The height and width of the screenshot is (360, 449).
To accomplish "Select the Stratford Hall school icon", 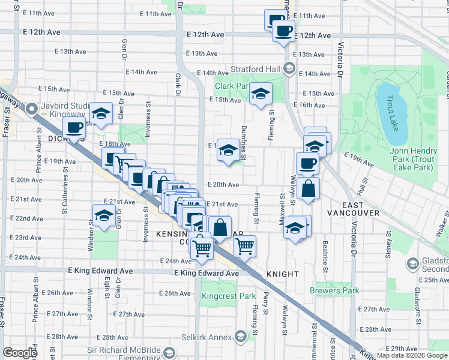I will tap(289, 68).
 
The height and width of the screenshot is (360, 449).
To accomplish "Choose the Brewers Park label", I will tap(334, 290).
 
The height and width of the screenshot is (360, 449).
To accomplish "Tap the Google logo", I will tap(20, 353).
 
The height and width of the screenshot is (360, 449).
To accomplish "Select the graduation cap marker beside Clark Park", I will tap(261, 94).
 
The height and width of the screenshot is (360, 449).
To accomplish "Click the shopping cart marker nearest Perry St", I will tap(244, 246).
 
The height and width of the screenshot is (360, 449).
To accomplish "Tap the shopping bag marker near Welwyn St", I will tap(308, 188).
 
